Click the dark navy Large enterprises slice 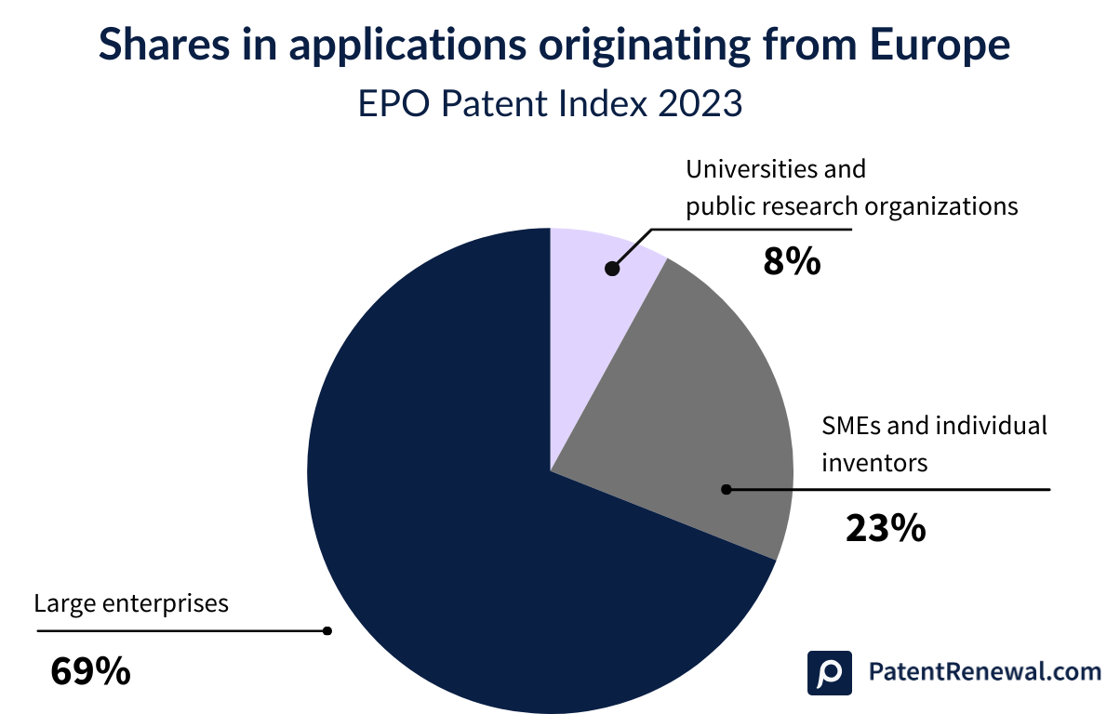[x=465, y=521]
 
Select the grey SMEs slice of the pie [x=688, y=409]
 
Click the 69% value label [x=90, y=670]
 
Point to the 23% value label [x=886, y=528]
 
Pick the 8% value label [x=792, y=262]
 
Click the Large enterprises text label [x=131, y=603]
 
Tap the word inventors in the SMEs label [x=874, y=461]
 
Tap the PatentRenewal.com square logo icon [x=830, y=672]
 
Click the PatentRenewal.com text [x=983, y=671]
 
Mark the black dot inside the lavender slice [x=611, y=269]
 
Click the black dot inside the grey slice [x=727, y=489]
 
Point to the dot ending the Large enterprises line [x=327, y=630]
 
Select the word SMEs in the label [x=854, y=426]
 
